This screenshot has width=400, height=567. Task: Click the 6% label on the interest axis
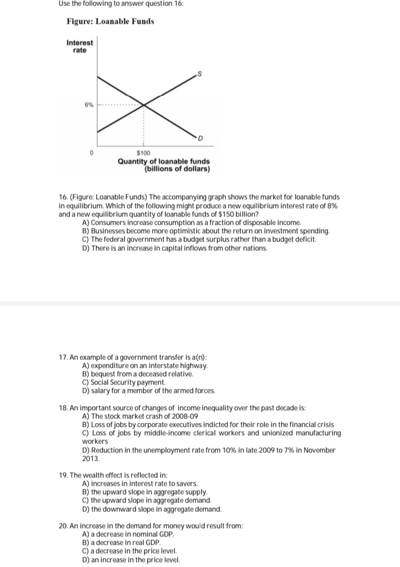(x=88, y=104)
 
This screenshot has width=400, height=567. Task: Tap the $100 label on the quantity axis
(x=143, y=153)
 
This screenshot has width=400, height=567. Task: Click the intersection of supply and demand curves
(x=144, y=104)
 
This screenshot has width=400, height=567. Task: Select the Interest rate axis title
(x=80, y=46)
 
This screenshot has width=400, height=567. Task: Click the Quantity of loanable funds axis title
(x=163, y=161)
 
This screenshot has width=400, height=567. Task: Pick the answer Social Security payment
(x=123, y=382)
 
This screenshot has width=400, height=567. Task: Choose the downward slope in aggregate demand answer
(x=151, y=509)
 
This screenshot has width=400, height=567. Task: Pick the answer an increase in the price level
(x=131, y=559)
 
